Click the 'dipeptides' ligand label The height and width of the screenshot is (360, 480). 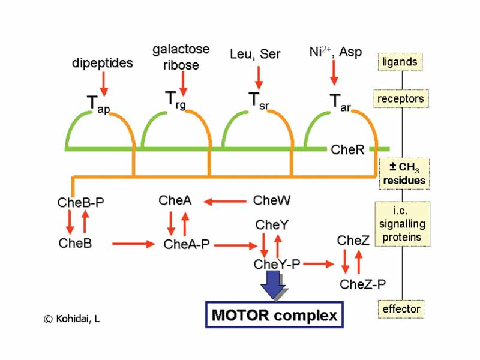tap(103, 63)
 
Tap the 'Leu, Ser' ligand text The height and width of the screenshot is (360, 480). tap(255, 54)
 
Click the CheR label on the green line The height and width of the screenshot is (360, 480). tap(347, 149)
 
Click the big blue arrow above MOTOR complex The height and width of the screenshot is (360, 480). tap(275, 286)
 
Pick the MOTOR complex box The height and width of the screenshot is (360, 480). tap(274, 315)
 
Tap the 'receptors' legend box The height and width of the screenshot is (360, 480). tap(401, 98)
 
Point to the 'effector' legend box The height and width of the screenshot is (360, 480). tap(401, 309)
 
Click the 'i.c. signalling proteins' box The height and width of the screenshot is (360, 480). tap(402, 223)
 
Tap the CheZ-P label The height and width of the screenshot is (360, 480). tap(362, 284)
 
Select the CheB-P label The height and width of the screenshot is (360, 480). tap(80, 202)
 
